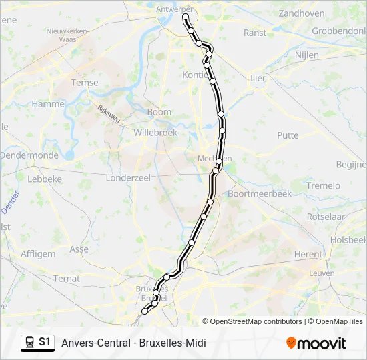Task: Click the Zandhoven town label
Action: tap(301, 13)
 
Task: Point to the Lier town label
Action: tap(258, 78)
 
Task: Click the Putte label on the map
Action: tap(288, 135)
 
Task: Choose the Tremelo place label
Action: tap(323, 185)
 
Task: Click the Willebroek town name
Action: tap(155, 133)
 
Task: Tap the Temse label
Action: tap(85, 83)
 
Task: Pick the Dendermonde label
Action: tap(29, 155)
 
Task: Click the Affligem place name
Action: tap(38, 253)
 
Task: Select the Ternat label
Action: tap(67, 278)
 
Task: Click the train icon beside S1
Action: tap(29, 342)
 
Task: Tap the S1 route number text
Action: tap(45, 342)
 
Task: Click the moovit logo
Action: tap(316, 343)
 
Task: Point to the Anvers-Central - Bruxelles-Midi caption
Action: tap(133, 343)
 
